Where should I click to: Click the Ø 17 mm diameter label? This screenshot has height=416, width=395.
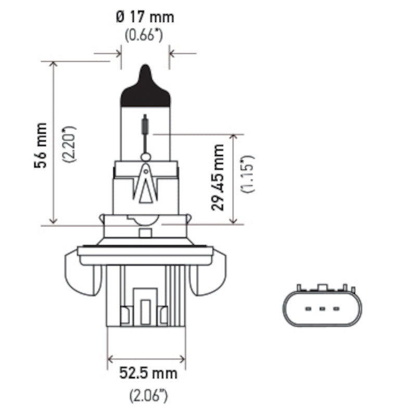(x=145, y=17)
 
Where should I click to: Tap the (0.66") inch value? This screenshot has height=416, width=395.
(x=145, y=36)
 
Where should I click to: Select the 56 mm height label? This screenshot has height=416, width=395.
(x=40, y=146)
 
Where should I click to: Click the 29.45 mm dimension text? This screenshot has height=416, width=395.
(x=218, y=177)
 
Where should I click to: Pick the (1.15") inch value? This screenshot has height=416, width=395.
(x=248, y=174)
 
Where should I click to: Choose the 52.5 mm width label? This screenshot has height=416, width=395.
(x=148, y=373)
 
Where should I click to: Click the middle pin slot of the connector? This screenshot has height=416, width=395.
(x=322, y=310)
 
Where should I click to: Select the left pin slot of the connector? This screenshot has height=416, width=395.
(x=308, y=310)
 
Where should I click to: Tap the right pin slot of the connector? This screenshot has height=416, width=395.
(x=336, y=310)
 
